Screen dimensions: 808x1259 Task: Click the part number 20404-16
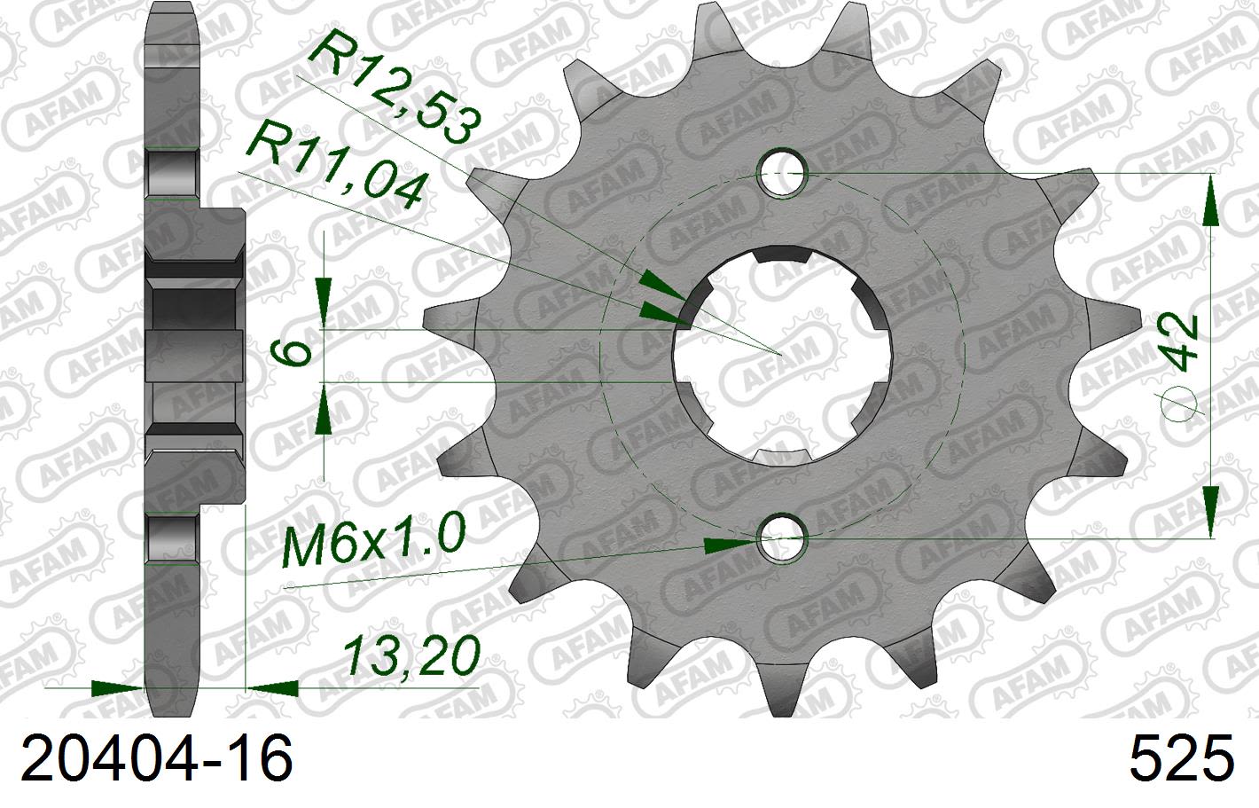156,760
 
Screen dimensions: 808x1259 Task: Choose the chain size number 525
1181,760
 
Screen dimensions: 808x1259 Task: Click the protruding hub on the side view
222,355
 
